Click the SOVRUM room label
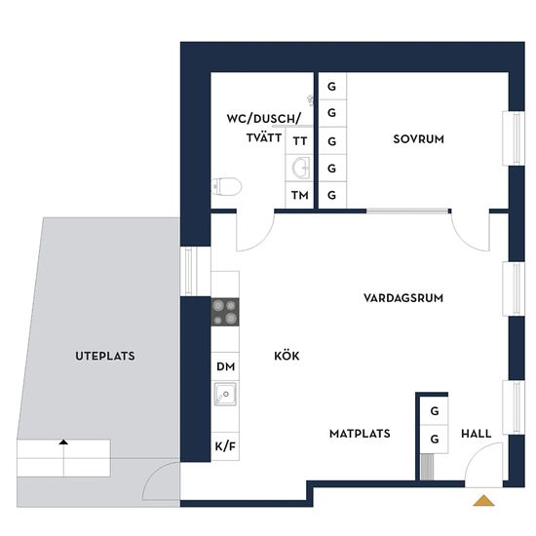418,139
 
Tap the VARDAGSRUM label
403,298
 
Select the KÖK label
287,356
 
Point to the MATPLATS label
360,434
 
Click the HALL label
477,434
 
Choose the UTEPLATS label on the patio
105,356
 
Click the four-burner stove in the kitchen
225,312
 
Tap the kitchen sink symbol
225,394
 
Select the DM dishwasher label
226,366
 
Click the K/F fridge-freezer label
225,446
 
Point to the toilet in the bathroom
227,187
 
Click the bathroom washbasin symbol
301,168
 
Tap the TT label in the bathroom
300,141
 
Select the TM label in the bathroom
300,195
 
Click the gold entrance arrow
483,501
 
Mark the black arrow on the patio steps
63,442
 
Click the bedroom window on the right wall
514,138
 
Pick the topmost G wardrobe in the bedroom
331,87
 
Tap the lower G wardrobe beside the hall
435,439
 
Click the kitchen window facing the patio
189,271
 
